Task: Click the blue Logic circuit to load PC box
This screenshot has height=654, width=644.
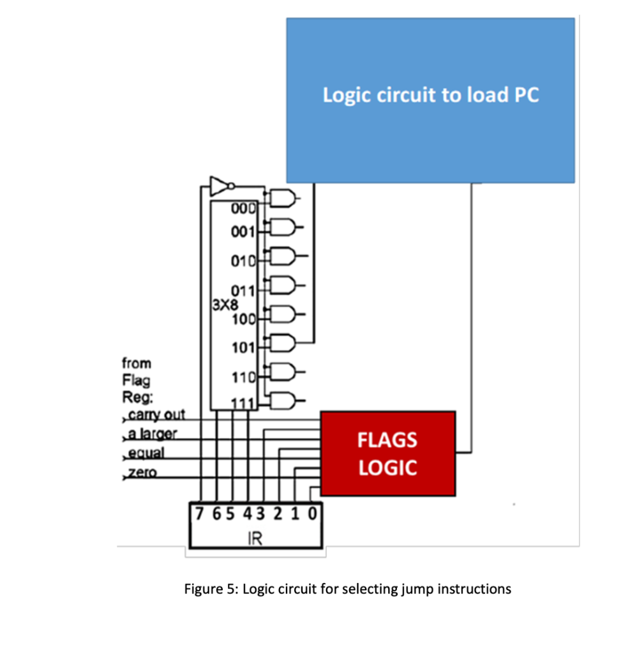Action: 430,100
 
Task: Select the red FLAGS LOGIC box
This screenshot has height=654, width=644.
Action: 387,453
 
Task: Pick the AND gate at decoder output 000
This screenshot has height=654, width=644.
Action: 282,198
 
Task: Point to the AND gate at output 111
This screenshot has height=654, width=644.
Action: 283,401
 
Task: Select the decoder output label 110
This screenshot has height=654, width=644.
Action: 243,378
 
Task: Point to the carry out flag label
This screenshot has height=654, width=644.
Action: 156,415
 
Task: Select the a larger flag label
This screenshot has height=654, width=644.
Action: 152,434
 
